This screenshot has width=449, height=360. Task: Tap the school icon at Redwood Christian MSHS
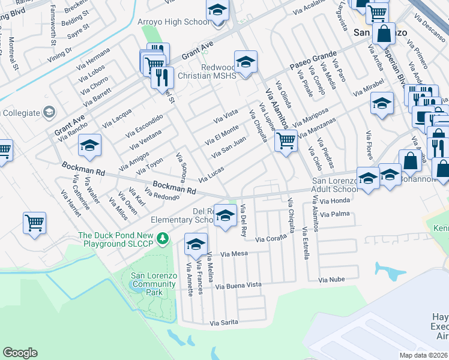246,62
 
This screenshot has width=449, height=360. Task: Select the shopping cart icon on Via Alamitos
286,142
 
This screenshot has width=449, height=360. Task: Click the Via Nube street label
331,280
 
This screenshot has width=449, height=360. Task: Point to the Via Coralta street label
273,239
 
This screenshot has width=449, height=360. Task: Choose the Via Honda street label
335,202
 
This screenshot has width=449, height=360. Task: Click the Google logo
20,353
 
